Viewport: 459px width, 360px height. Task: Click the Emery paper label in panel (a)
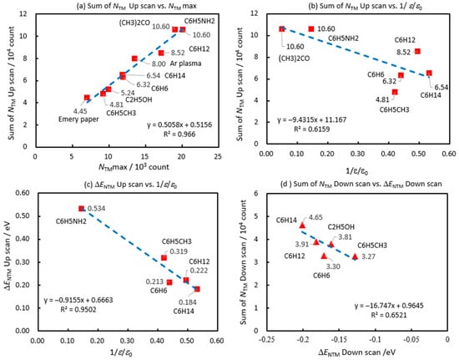point(78,119)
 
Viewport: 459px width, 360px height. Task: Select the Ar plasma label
point(185,63)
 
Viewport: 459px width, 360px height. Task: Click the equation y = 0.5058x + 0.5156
point(179,125)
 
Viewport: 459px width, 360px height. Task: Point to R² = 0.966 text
point(179,134)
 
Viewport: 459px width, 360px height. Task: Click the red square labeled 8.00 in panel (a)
point(134,58)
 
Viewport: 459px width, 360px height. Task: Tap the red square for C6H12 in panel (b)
point(417,51)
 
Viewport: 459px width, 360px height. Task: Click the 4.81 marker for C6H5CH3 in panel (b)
point(395,92)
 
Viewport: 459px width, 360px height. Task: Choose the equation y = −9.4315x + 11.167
point(312,119)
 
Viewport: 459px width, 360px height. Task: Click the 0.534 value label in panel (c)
point(96,209)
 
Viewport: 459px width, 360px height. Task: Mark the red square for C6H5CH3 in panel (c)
point(164,258)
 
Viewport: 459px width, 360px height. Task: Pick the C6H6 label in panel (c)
point(159,291)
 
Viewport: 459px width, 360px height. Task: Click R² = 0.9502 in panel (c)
point(78,309)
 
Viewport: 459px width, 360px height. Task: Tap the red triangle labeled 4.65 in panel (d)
point(302,226)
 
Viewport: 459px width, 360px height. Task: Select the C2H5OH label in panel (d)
point(341,227)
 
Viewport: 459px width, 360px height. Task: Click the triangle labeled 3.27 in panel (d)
point(355,256)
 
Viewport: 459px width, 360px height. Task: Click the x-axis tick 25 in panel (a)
point(218,157)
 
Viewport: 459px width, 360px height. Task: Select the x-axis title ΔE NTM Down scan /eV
point(357,352)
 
